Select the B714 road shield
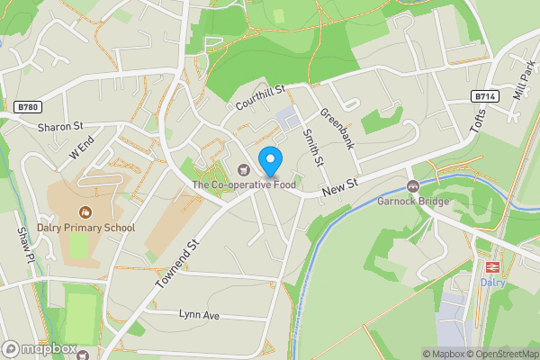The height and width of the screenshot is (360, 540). click(x=483, y=95)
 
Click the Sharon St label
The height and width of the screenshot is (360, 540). click(x=60, y=127)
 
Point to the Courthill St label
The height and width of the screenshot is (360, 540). click(x=260, y=97)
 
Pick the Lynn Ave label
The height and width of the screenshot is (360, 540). click(x=199, y=316)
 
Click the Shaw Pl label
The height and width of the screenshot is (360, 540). click(x=24, y=244)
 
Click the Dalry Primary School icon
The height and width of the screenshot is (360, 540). click(x=85, y=211)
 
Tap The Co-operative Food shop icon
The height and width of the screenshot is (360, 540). click(x=241, y=169)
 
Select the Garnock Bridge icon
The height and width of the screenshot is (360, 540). click(x=413, y=186)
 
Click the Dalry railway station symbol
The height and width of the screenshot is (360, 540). click(x=492, y=267)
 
